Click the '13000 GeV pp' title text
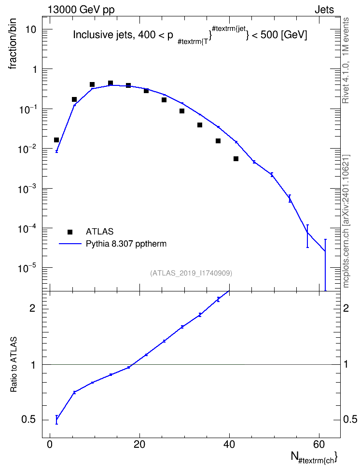click(81, 10)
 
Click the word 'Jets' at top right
click(324, 10)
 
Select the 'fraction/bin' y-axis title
click(13, 44)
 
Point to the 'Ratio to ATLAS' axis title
click(14, 365)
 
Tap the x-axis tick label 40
click(229, 444)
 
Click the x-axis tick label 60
click(319, 444)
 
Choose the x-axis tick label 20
click(139, 444)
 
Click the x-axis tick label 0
click(50, 444)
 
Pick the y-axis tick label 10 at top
click(31, 29)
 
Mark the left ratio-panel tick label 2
click(32, 308)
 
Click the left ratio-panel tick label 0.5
click(29, 420)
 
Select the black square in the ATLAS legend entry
click(70, 232)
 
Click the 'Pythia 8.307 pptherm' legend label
click(126, 244)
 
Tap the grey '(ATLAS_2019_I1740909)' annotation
click(191, 273)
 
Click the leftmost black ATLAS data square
click(56, 140)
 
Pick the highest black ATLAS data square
click(111, 83)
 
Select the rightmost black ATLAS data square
click(236, 159)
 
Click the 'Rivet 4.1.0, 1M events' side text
click(346, 60)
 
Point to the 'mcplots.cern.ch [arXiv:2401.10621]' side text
click(346, 221)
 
